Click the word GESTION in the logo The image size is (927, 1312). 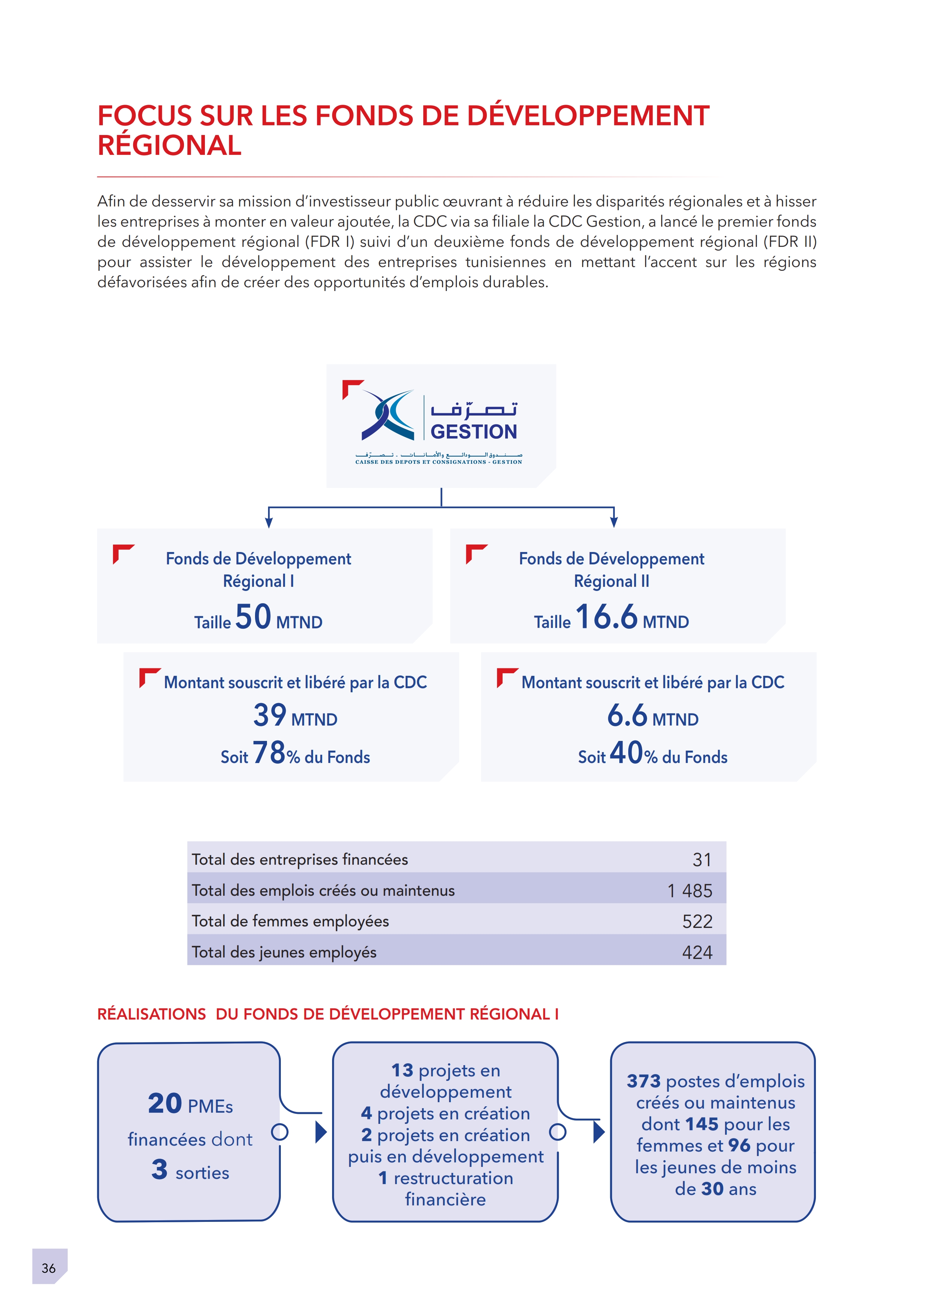pos(473,432)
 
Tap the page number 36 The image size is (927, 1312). pos(49,1268)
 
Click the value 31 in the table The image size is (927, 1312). pos(702,859)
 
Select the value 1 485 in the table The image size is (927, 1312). pos(690,890)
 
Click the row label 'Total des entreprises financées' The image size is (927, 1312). pos(300,859)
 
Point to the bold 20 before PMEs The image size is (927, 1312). pos(165,1103)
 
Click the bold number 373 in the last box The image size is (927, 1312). pos(644,1081)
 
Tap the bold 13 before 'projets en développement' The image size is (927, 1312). pos(402,1070)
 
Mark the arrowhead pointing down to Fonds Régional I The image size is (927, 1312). pos(268,522)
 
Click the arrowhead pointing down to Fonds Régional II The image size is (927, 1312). pos(614,522)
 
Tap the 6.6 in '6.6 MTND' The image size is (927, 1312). pos(627,715)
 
